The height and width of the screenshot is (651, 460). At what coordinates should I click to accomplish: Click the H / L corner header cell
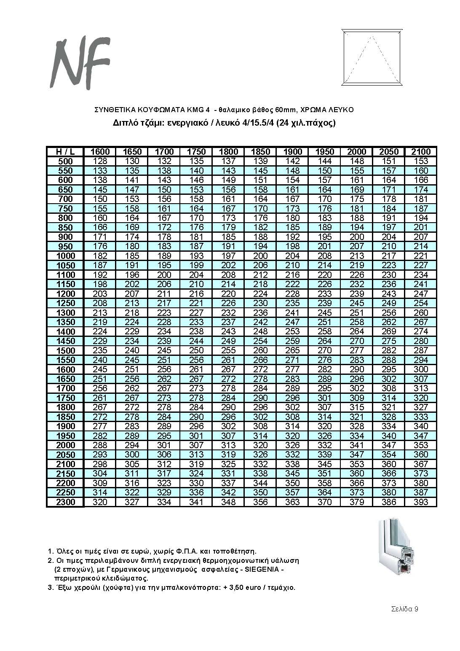pyautogui.click(x=65, y=152)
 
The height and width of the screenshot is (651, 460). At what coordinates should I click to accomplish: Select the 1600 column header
pyautogui.click(x=100, y=152)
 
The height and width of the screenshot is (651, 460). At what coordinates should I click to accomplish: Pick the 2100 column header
pyautogui.click(x=420, y=152)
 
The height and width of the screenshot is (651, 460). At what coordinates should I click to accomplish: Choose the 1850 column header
pyautogui.click(x=260, y=152)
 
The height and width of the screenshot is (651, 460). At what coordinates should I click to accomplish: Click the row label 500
pyautogui.click(x=65, y=161)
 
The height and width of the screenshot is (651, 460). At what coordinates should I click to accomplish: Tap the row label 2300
pyautogui.click(x=65, y=502)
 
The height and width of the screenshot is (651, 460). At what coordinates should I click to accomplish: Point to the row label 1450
pyautogui.click(x=65, y=341)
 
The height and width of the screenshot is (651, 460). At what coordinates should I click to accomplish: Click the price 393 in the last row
pyautogui.click(x=420, y=502)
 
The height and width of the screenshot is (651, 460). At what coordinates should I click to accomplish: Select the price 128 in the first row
pyautogui.click(x=100, y=161)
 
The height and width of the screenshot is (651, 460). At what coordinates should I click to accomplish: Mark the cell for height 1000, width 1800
pyautogui.click(x=228, y=256)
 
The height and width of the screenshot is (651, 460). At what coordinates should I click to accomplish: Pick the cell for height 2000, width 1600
pyautogui.click(x=100, y=445)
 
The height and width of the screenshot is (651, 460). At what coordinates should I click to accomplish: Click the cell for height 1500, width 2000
pyautogui.click(x=356, y=350)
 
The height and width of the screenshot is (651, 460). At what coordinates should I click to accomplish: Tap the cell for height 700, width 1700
pyautogui.click(x=164, y=199)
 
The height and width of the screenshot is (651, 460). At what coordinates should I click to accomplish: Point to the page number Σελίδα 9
pyautogui.click(x=404, y=609)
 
